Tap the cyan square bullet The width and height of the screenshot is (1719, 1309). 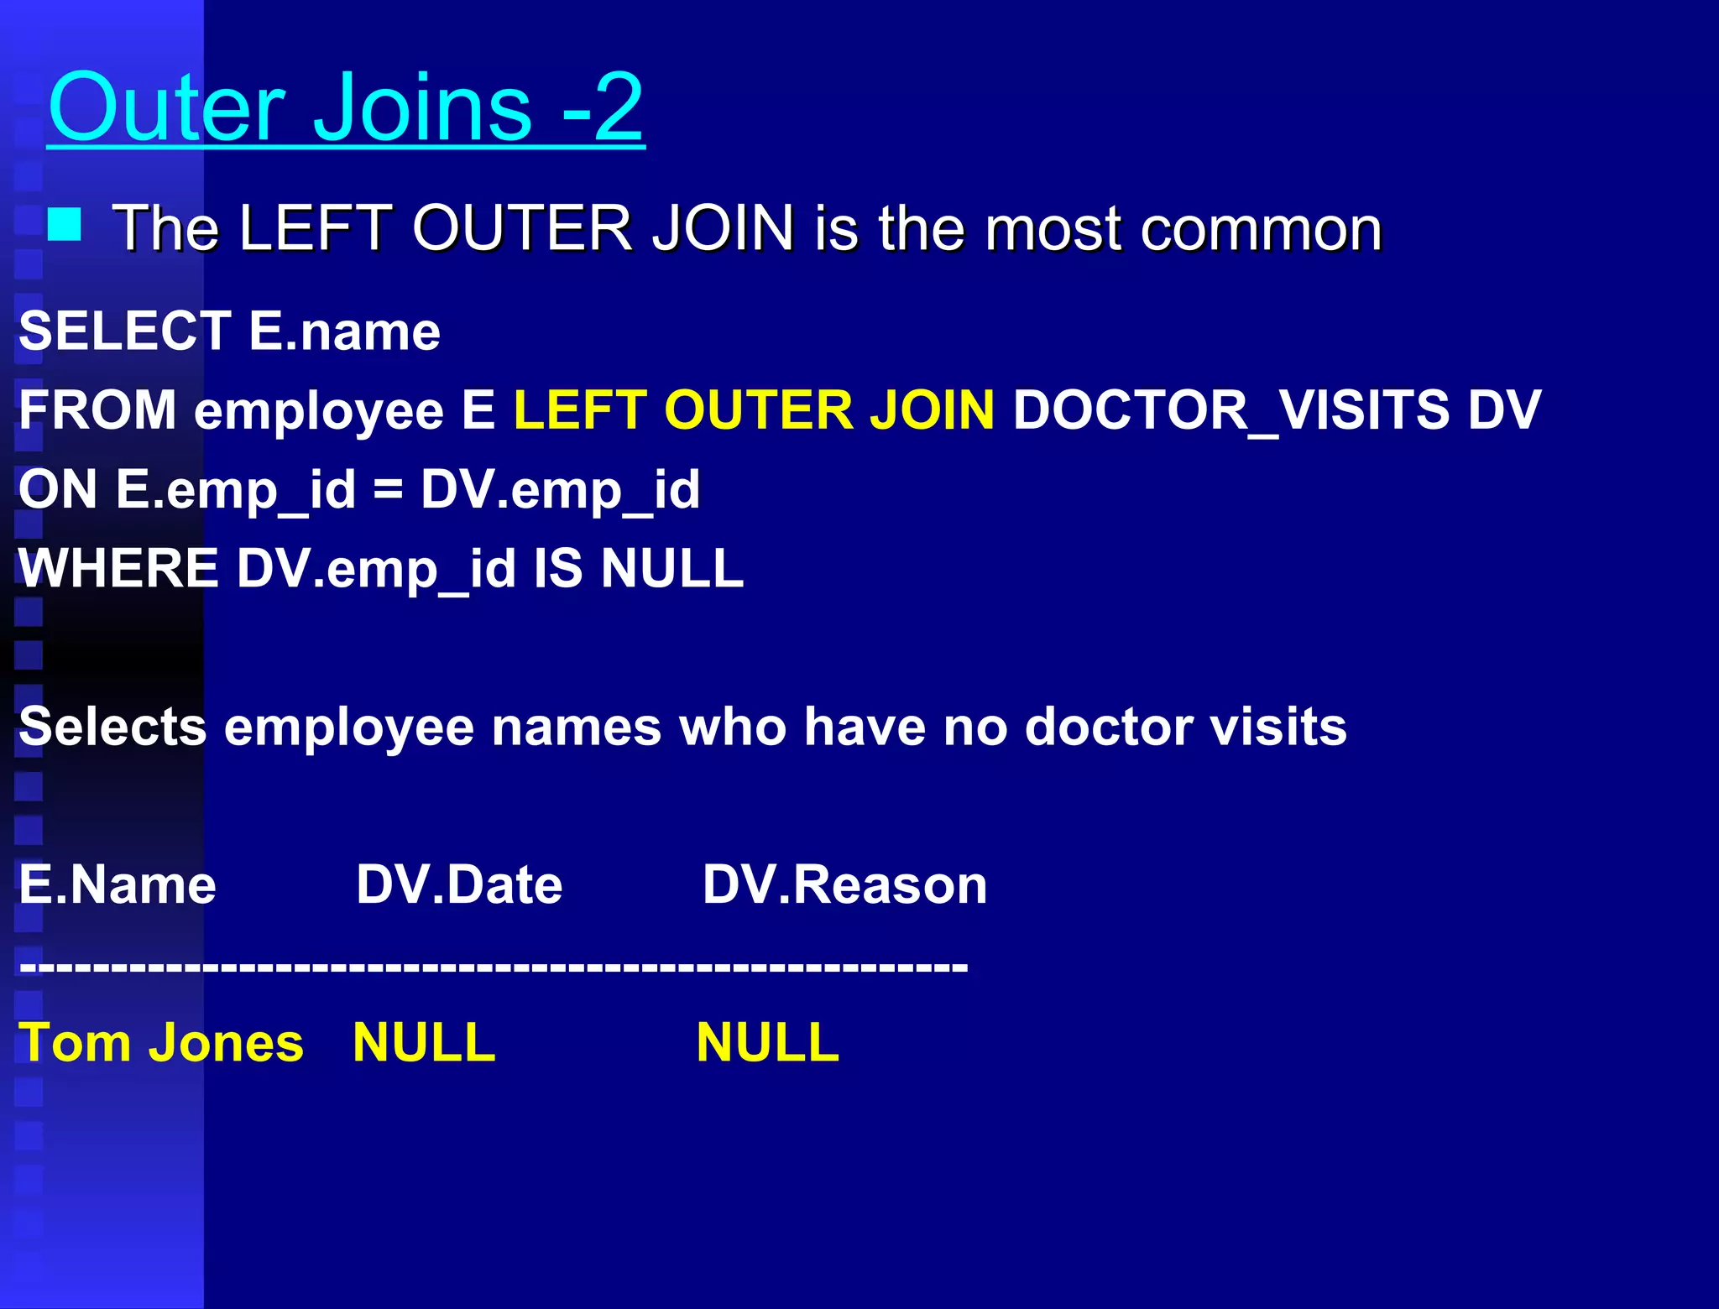[65, 225]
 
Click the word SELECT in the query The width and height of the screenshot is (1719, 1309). [124, 331]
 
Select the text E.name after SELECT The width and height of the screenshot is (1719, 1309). [344, 331]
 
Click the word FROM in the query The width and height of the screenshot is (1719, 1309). [97, 410]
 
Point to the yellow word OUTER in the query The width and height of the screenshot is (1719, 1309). [758, 410]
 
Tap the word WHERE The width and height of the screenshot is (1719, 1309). [118, 568]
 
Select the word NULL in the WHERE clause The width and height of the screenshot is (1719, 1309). [672, 568]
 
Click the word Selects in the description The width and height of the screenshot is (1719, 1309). [112, 726]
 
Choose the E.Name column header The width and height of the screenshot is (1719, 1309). [118, 884]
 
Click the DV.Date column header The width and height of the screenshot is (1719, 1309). [459, 884]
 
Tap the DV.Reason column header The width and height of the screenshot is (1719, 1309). [844, 884]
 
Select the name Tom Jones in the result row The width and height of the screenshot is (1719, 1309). [160, 1043]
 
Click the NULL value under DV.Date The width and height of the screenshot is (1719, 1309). [424, 1043]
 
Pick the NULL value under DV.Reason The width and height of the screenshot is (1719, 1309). [767, 1043]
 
